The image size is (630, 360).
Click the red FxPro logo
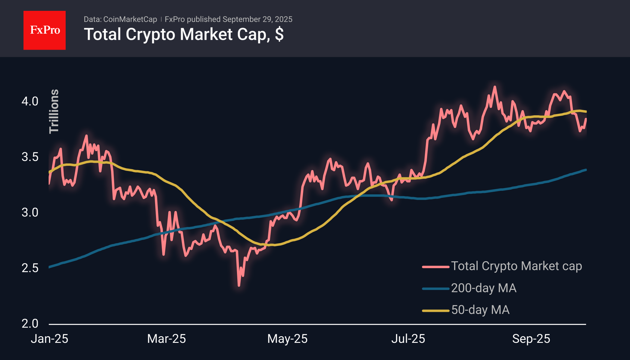45,30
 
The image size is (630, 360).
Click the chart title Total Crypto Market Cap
184,34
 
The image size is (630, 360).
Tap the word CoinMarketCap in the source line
130,19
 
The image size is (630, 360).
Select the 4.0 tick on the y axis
30,101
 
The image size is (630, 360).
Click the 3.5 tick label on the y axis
30,157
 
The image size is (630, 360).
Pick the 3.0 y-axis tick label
30,213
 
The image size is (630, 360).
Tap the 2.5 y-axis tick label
30,268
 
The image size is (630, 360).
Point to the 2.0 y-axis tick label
30,324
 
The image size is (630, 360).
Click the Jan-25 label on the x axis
50,339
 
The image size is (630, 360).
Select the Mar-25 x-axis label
167,339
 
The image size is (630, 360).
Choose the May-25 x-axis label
287,339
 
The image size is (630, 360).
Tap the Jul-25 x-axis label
408,339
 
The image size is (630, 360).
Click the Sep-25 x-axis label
531,339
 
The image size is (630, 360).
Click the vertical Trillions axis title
54,111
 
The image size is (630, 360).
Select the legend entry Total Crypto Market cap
516,266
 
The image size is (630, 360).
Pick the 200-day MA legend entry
484,288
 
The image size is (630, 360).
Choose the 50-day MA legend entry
480,310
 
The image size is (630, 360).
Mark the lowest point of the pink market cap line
239,285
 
